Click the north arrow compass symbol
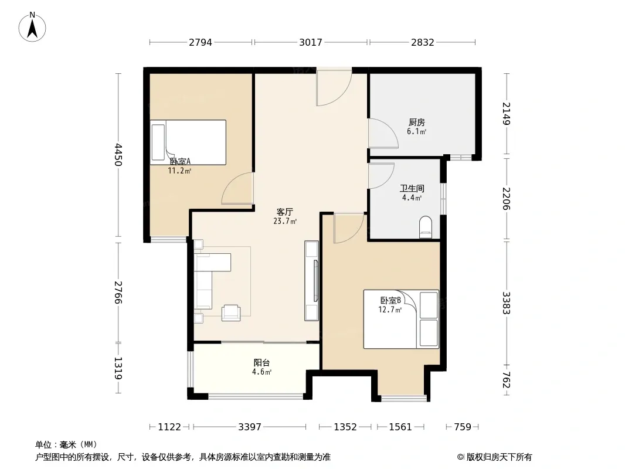tap(32, 27)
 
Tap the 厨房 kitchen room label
tap(416, 123)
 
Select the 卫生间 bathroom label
tap(412, 188)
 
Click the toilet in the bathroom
tap(426, 227)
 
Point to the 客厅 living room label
tap(284, 212)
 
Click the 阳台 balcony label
tap(261, 363)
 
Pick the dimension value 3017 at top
tap(311, 42)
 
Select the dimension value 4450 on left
tap(118, 155)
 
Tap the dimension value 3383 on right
tap(506, 303)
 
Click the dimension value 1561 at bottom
tap(400, 427)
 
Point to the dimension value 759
tap(463, 427)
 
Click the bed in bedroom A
tap(188, 142)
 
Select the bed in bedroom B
tap(401, 319)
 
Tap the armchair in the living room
tap(231, 312)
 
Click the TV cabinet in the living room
tap(311, 281)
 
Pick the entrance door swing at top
tap(334, 88)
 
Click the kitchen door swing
tap(383, 134)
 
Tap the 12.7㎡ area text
tap(390, 310)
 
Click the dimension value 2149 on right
tap(506, 114)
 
